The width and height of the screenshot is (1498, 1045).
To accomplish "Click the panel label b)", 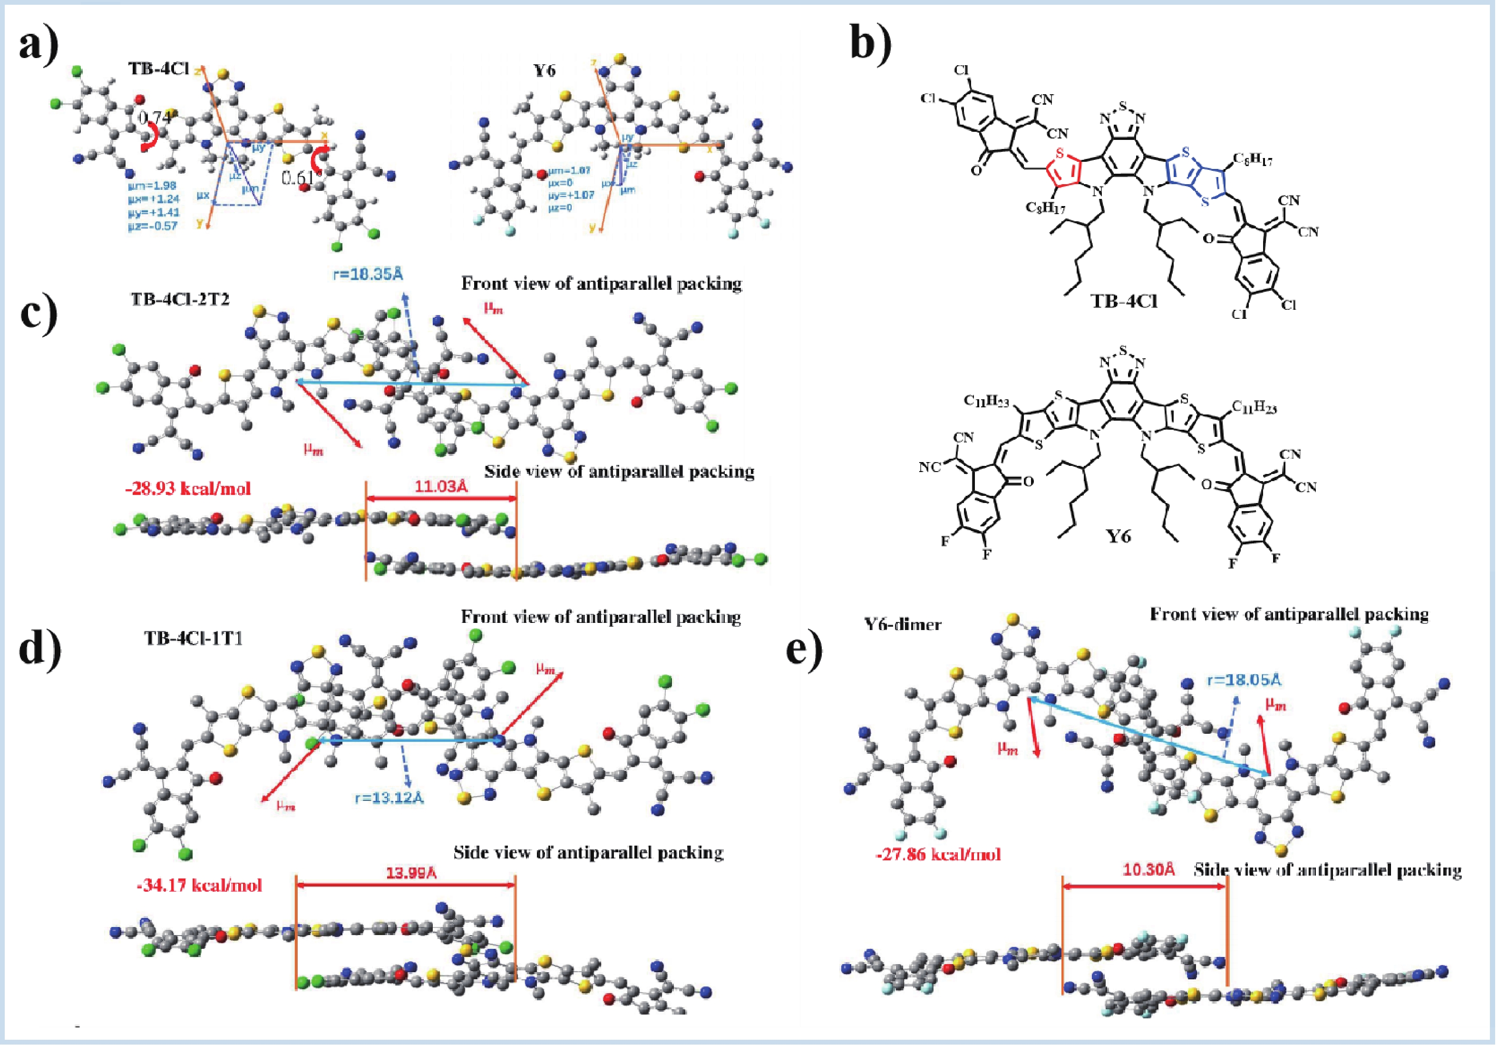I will point(872,46).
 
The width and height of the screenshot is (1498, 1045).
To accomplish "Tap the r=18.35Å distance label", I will point(368,274).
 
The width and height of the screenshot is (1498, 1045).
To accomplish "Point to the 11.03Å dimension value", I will point(441,486).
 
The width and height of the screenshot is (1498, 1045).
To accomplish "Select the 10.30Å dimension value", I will point(1149,869).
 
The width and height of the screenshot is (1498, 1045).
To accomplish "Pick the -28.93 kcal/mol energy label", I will point(188,488).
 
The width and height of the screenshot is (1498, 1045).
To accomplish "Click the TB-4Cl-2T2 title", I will point(180,300).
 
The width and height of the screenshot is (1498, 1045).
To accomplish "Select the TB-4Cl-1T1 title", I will point(193,638).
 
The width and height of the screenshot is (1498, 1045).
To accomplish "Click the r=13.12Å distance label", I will point(389,798).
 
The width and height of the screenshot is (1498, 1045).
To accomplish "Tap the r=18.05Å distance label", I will point(1244,680).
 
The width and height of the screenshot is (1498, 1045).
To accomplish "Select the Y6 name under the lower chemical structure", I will point(1119,536).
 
